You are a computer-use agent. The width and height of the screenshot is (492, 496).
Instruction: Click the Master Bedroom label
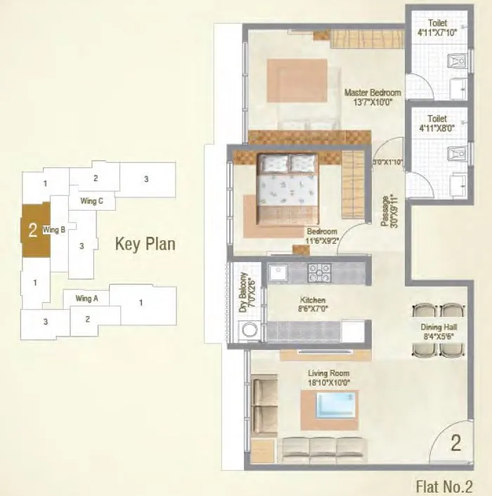[x=373, y=97]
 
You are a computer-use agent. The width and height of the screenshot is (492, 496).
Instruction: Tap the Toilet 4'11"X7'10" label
[x=437, y=26]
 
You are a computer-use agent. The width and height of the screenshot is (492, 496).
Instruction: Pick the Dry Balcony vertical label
[x=243, y=292]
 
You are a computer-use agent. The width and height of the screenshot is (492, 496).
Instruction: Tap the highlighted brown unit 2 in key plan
[x=33, y=230]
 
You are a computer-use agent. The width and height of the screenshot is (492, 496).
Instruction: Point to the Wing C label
[x=91, y=201]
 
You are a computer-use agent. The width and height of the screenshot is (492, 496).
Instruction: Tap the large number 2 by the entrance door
[x=455, y=443]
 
